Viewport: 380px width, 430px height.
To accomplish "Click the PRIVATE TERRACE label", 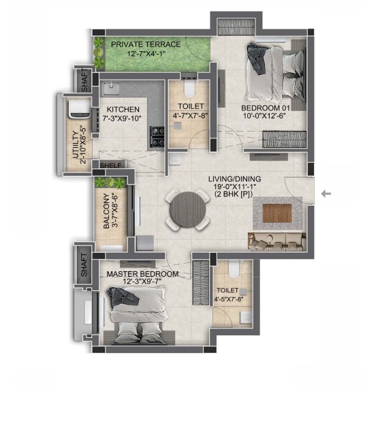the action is [146, 44].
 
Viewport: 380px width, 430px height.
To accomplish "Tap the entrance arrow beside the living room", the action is [326, 194].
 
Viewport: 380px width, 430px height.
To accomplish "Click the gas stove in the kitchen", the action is [157, 136].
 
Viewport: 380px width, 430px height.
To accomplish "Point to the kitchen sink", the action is [111, 89].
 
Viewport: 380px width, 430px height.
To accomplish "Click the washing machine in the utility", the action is [79, 109].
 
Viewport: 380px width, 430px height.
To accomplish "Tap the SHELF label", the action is [110, 166].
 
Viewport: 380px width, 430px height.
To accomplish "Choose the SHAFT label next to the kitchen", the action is [84, 80].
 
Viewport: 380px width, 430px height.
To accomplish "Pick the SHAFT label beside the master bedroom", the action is [84, 264].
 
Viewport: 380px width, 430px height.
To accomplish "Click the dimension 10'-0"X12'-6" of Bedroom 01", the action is [265, 116].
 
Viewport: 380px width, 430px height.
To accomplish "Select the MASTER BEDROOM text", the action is [142, 274].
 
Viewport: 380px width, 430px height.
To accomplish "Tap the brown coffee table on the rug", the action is [277, 213].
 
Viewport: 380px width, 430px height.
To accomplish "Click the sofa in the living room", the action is [277, 242].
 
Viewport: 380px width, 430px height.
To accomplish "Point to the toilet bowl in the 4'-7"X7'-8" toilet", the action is [189, 88].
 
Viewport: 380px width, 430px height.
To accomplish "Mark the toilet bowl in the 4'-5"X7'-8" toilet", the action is [234, 268].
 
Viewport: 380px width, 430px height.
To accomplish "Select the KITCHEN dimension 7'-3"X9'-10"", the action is [122, 119].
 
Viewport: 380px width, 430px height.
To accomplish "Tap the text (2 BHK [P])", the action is [234, 194].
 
